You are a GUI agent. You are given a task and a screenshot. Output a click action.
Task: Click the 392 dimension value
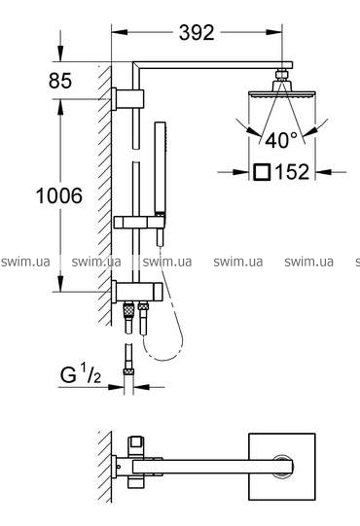(197, 33)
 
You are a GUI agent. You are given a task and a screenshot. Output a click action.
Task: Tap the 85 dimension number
(60, 81)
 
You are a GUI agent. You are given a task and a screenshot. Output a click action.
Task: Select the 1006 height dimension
(59, 195)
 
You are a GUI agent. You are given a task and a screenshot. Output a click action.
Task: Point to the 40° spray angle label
(281, 140)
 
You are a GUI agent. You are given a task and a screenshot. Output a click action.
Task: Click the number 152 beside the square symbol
(292, 172)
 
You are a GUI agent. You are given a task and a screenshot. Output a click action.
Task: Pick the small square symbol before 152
(263, 172)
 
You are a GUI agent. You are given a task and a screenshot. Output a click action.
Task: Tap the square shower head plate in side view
(281, 94)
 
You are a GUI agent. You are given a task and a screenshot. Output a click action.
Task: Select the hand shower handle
(160, 167)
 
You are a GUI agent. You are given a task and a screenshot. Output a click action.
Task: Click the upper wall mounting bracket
(128, 99)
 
